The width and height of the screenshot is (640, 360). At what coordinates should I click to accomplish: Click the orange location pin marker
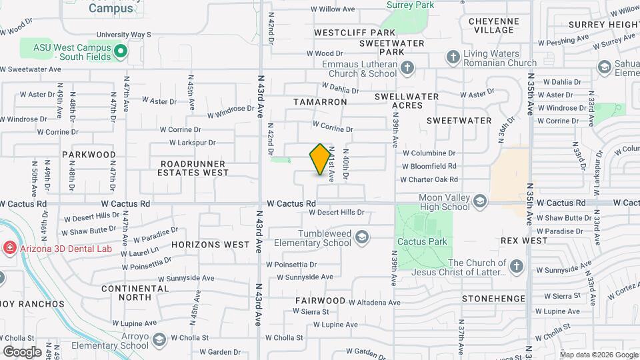321,159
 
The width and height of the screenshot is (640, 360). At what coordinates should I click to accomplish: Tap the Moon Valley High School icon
479,201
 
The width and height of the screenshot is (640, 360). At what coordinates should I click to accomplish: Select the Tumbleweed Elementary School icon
361,237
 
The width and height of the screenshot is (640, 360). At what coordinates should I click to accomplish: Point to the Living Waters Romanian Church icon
453,56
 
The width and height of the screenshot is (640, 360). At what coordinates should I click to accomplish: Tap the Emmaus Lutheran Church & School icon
407,67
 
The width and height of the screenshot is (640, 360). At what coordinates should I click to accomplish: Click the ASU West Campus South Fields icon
121,50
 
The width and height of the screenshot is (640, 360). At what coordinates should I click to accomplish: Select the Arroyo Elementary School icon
159,341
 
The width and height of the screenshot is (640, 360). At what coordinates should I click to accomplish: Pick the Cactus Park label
422,241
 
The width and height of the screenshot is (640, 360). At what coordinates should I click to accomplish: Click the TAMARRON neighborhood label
321,102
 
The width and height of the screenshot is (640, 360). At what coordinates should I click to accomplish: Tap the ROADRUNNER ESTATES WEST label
193,167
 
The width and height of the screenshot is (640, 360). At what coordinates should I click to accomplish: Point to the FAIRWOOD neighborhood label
321,301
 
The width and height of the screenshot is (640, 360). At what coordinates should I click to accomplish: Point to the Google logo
22,351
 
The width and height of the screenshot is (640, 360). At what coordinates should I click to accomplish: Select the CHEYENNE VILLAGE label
493,25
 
